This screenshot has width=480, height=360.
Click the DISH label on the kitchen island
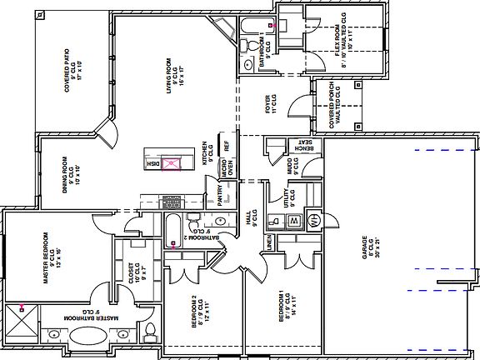152,164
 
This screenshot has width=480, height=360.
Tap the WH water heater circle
314,221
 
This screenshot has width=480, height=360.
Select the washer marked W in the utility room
294,221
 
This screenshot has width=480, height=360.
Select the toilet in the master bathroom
151,332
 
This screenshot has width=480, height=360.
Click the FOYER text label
268,103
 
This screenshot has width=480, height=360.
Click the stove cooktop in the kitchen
172,202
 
